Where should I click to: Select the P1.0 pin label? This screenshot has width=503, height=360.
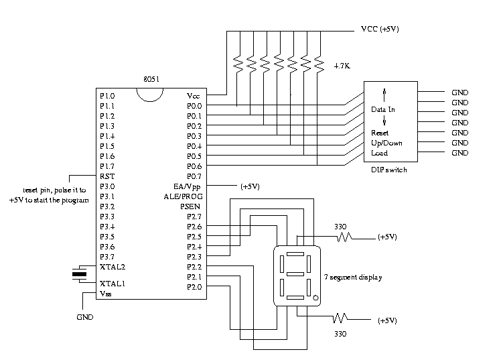(x=107, y=96)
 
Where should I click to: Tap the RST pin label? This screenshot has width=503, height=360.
(x=106, y=176)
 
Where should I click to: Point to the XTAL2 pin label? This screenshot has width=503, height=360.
(x=112, y=267)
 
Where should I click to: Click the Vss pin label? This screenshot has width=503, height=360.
(x=106, y=294)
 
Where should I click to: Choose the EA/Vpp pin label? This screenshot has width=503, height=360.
(x=187, y=186)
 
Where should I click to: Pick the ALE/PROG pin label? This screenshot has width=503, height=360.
(x=182, y=196)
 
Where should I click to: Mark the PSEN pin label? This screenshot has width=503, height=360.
(x=191, y=206)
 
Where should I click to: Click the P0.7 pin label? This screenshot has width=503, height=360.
(x=194, y=176)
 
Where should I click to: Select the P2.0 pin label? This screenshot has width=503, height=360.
(x=194, y=287)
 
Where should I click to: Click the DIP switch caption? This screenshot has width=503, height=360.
(x=388, y=170)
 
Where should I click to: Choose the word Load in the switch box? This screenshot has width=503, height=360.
(x=379, y=153)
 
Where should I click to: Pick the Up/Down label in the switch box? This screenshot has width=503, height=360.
(x=386, y=143)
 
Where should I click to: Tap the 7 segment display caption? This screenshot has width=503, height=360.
(x=354, y=277)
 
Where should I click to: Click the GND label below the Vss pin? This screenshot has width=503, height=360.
(x=85, y=316)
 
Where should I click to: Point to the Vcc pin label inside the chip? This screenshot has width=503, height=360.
(x=193, y=96)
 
